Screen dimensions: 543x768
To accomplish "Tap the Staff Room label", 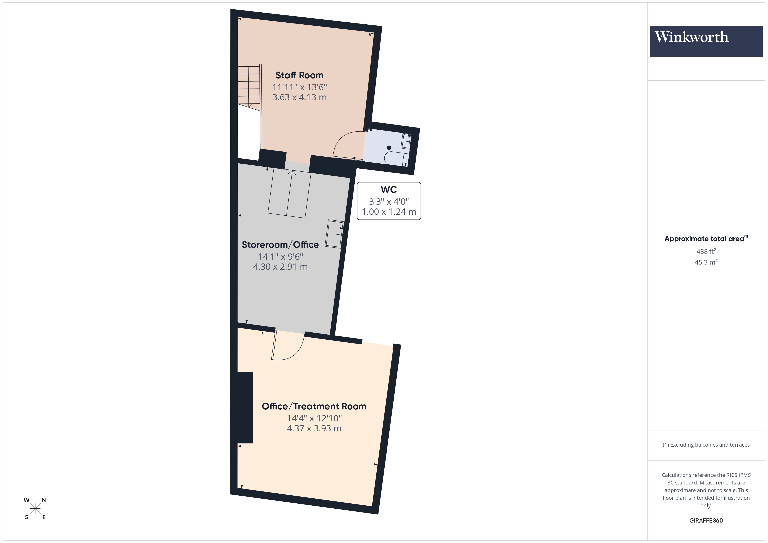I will point(299,75).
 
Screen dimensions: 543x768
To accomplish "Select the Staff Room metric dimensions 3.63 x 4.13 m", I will point(299,97).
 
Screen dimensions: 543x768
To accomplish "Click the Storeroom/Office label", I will point(280,245).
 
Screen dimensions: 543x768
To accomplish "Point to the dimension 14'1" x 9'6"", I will point(280,256).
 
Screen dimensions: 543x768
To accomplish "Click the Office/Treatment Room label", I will point(314,406).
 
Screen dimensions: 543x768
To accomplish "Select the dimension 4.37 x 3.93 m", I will point(314,428).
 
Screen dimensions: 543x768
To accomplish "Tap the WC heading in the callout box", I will point(389,189).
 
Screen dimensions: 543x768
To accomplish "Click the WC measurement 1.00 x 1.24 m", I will point(389,212).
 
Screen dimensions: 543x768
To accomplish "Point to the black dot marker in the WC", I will point(389,148).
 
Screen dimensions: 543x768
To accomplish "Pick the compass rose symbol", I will point(35,509).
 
